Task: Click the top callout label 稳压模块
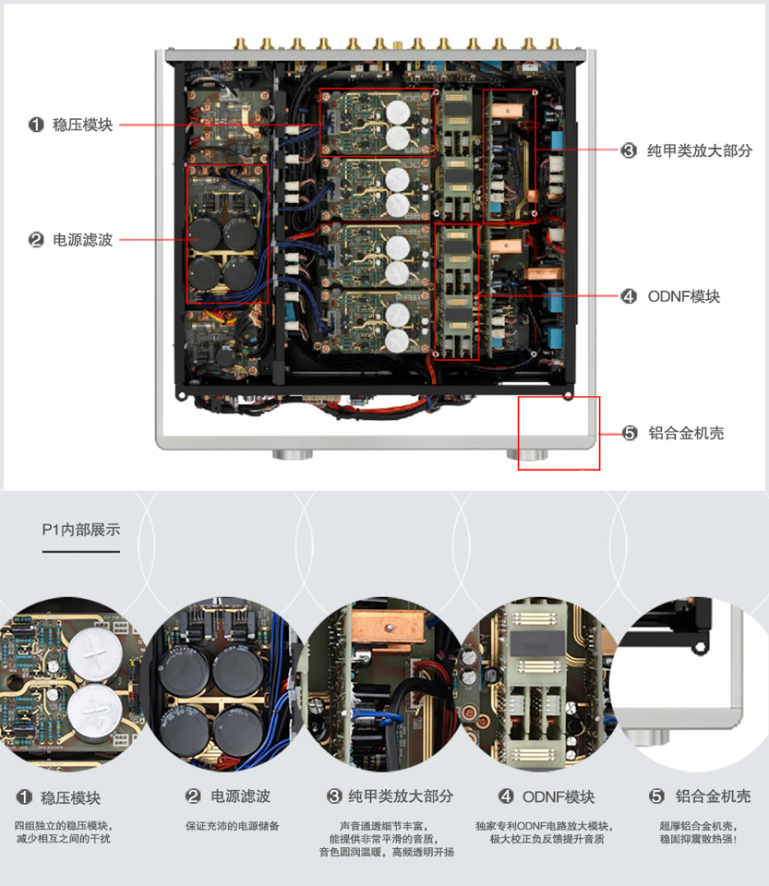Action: pyautogui.click(x=83, y=125)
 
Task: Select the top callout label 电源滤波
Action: pyautogui.click(x=83, y=240)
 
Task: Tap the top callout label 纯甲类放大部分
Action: pyautogui.click(x=699, y=150)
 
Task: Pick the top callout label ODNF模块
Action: pyautogui.click(x=683, y=296)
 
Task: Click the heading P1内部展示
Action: pyautogui.click(x=80, y=530)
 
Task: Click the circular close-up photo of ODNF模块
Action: pyautogui.click(x=541, y=683)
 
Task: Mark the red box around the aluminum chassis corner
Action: pyautogui.click(x=559, y=433)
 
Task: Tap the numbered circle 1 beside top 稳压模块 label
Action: pyautogui.click(x=36, y=125)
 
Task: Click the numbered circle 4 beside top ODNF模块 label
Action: pyautogui.click(x=629, y=296)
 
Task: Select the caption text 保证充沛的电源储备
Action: pyautogui.click(x=232, y=826)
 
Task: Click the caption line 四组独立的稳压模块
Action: pyautogui.click(x=64, y=825)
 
